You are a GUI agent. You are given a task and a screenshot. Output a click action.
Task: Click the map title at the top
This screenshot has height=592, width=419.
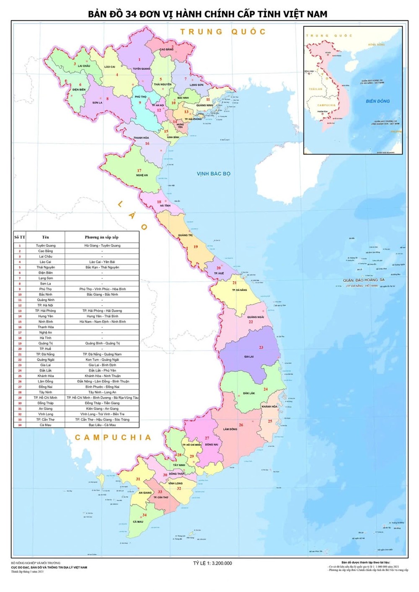point(207,14)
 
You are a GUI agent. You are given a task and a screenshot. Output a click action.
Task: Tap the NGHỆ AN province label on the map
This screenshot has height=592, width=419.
point(142,175)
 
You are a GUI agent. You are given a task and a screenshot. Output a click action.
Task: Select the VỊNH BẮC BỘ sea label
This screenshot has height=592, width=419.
point(213,174)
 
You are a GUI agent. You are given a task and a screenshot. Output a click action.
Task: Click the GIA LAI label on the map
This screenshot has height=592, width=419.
point(249,357)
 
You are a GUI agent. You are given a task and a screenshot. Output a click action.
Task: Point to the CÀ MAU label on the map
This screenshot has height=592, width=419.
point(138,522)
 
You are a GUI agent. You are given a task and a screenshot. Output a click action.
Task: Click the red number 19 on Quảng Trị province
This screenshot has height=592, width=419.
point(195,247)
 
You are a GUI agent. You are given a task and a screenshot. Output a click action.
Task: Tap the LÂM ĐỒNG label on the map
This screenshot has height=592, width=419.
point(230,429)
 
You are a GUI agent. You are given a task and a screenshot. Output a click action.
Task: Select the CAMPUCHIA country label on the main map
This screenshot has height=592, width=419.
point(113,438)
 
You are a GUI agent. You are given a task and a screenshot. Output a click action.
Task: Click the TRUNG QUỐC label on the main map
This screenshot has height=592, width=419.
point(223,32)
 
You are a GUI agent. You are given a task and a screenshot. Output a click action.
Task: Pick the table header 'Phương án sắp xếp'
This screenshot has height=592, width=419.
point(101,237)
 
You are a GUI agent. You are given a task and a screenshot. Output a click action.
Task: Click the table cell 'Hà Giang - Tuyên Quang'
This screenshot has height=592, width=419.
point(102,246)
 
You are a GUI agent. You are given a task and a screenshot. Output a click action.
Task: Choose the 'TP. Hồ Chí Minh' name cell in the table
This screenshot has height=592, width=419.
point(45,398)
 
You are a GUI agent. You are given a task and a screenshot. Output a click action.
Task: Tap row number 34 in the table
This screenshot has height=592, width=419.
point(19,425)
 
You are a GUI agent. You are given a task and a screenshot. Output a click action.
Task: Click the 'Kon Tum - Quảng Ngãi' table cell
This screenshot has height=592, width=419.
point(102,360)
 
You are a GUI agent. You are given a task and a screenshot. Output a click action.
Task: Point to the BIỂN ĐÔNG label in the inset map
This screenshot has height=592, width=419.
point(378,101)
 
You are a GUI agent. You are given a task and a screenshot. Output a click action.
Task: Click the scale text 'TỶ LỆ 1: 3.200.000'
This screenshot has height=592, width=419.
point(212,563)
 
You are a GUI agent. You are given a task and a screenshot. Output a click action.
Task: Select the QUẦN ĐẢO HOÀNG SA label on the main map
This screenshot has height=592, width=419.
point(363,280)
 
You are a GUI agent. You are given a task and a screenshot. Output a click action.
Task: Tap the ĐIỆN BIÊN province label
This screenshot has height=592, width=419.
point(79,90)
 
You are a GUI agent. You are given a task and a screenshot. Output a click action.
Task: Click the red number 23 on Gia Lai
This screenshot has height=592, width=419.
point(261,347)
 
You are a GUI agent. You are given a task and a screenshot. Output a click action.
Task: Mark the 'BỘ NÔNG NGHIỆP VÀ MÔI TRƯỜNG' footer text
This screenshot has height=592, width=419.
point(36,563)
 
